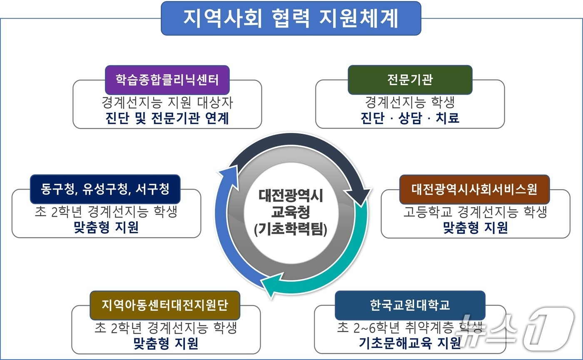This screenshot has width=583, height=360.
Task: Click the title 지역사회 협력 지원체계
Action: [x=291, y=19]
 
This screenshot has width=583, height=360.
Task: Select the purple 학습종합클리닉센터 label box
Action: [x=167, y=80]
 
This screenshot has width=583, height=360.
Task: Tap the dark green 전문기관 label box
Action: [x=410, y=80]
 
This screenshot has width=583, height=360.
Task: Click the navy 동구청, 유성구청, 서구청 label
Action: [x=105, y=189]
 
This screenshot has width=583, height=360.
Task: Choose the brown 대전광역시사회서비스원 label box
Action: [x=474, y=189]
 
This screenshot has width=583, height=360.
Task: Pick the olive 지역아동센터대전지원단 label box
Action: [x=164, y=305]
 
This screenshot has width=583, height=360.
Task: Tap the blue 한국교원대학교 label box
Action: [x=410, y=305]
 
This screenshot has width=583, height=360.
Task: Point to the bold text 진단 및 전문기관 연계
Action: [x=167, y=118]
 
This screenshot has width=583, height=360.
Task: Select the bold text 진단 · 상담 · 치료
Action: [x=410, y=118]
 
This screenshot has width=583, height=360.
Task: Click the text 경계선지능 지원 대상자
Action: [x=167, y=102]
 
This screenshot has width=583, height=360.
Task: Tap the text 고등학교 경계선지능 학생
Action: [x=475, y=212]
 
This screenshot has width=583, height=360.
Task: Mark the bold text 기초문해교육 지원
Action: [x=410, y=343]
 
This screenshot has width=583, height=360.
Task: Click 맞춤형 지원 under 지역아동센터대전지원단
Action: [x=165, y=343]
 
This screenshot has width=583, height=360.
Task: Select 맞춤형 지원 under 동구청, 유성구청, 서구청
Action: [x=106, y=228]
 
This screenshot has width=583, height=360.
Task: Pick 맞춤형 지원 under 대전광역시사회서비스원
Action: [x=475, y=228]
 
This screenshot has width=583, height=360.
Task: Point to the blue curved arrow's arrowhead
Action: [x=228, y=171]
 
